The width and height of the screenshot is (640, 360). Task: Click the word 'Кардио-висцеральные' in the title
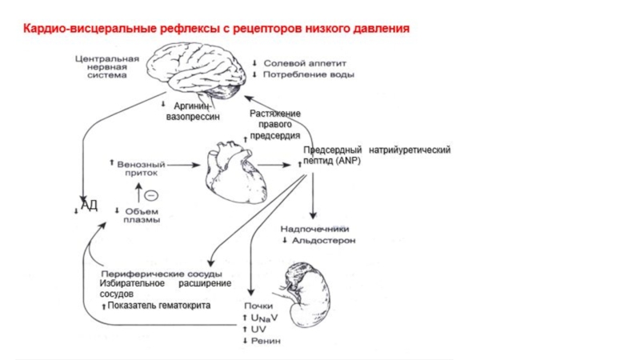point(78,29)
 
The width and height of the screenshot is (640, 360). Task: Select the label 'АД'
point(89,206)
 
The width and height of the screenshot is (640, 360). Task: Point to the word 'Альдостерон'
point(323,240)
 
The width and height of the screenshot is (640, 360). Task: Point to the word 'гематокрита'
point(183,306)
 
